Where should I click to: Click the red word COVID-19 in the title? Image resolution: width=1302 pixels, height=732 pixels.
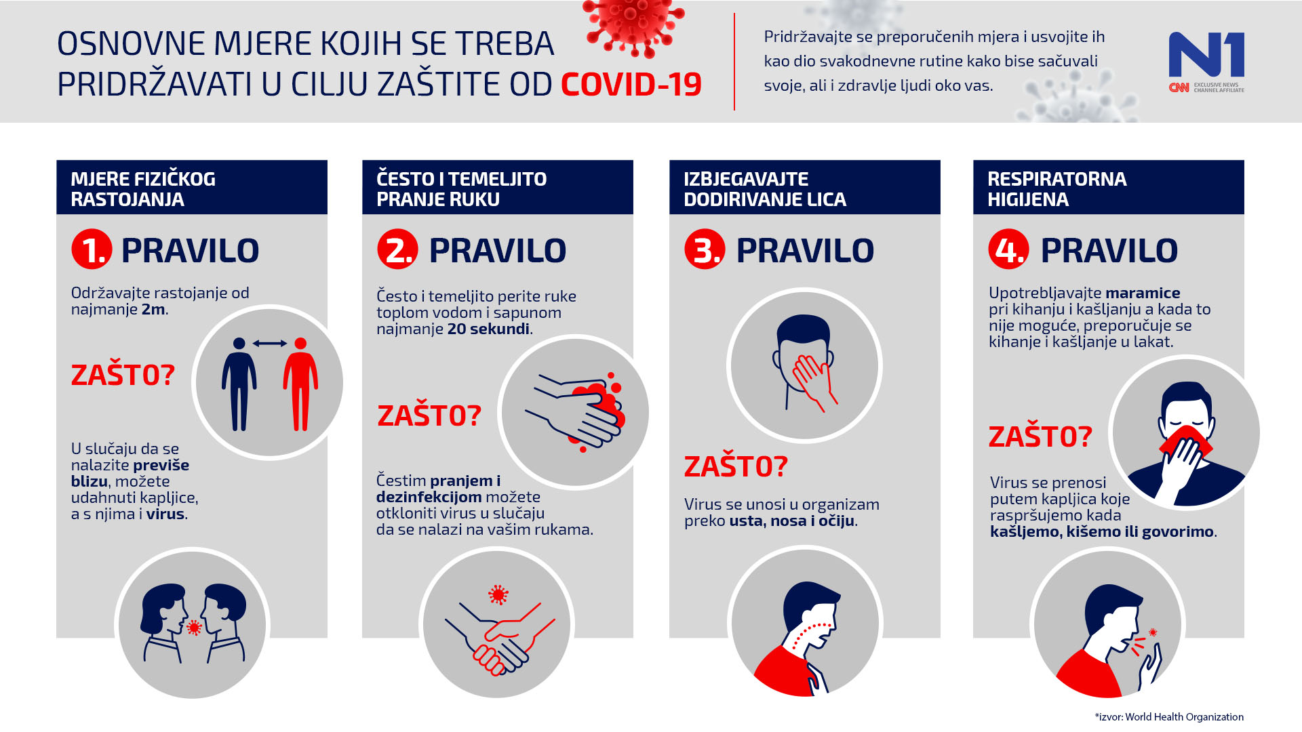point(631,85)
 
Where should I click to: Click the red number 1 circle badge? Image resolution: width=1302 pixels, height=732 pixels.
point(92,249)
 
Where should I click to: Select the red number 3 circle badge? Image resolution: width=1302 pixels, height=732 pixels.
point(705,249)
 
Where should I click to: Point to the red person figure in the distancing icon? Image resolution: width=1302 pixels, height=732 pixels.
point(300,384)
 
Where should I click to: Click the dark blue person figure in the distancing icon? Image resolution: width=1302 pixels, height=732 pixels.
point(239,384)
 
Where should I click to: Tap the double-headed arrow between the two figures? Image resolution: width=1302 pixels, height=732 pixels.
point(269,344)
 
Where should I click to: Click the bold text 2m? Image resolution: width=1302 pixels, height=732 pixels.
point(153,310)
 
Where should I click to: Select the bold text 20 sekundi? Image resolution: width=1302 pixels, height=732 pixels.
point(488,329)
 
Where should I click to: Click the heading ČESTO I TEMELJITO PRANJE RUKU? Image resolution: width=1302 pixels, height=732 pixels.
point(461,188)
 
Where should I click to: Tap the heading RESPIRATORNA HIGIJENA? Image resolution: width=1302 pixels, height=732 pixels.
point(1057,188)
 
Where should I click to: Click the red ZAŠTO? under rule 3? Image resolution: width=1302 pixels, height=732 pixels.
point(736,466)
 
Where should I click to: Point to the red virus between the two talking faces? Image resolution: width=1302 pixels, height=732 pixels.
point(194,628)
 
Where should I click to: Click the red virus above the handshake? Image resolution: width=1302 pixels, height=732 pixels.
point(498,595)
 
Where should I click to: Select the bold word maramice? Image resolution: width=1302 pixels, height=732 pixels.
point(1143,293)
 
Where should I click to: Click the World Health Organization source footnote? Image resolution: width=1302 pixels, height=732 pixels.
point(1169,717)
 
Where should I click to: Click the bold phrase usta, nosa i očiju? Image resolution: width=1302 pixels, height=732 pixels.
point(792,521)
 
